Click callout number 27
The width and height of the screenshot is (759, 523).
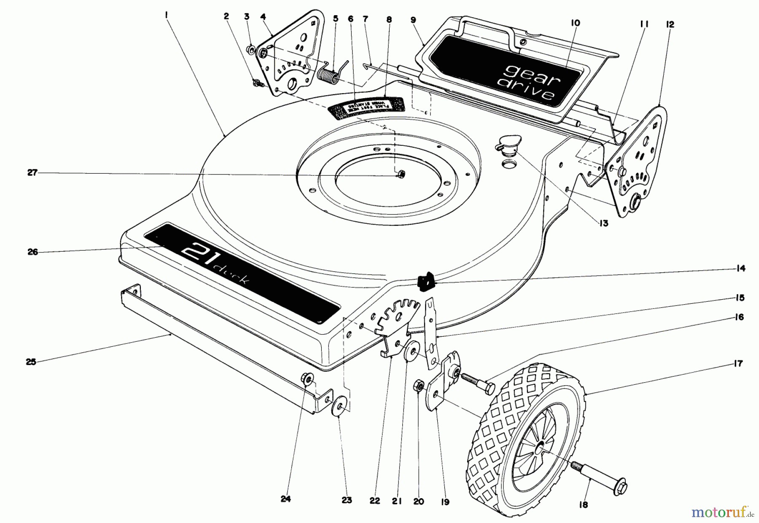[33, 172]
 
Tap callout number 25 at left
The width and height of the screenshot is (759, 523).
[31, 362]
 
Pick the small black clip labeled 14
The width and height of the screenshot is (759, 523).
[425, 281]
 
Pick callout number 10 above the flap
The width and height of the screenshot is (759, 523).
[576, 23]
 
